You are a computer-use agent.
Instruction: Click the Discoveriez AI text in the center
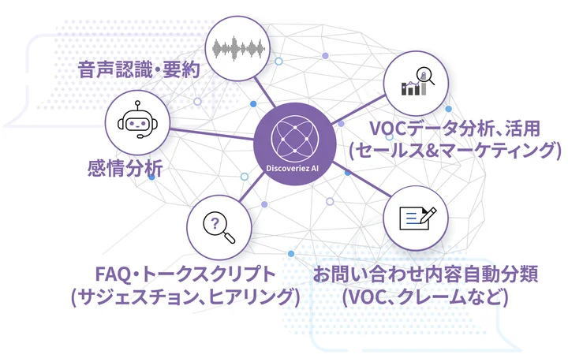tap(293, 168)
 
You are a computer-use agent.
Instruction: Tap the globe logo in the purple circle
tap(295, 139)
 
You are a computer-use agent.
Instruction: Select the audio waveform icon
tap(237, 48)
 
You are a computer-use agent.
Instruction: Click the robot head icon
tap(137, 120)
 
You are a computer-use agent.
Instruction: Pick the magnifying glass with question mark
tap(219, 228)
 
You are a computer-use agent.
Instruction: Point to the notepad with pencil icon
tap(417, 218)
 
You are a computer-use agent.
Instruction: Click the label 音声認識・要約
tap(139, 69)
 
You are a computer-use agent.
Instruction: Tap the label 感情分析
tap(125, 168)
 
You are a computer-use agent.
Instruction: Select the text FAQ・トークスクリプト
tap(185, 274)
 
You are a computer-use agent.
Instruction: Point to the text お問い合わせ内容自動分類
tap(425, 274)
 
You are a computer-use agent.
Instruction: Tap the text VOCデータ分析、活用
tap(454, 129)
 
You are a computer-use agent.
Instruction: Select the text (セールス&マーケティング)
tap(455, 151)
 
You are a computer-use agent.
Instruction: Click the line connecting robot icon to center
tap(212, 134)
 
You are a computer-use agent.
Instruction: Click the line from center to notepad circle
tap(361, 180)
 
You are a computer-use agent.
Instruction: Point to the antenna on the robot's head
tap(137, 106)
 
